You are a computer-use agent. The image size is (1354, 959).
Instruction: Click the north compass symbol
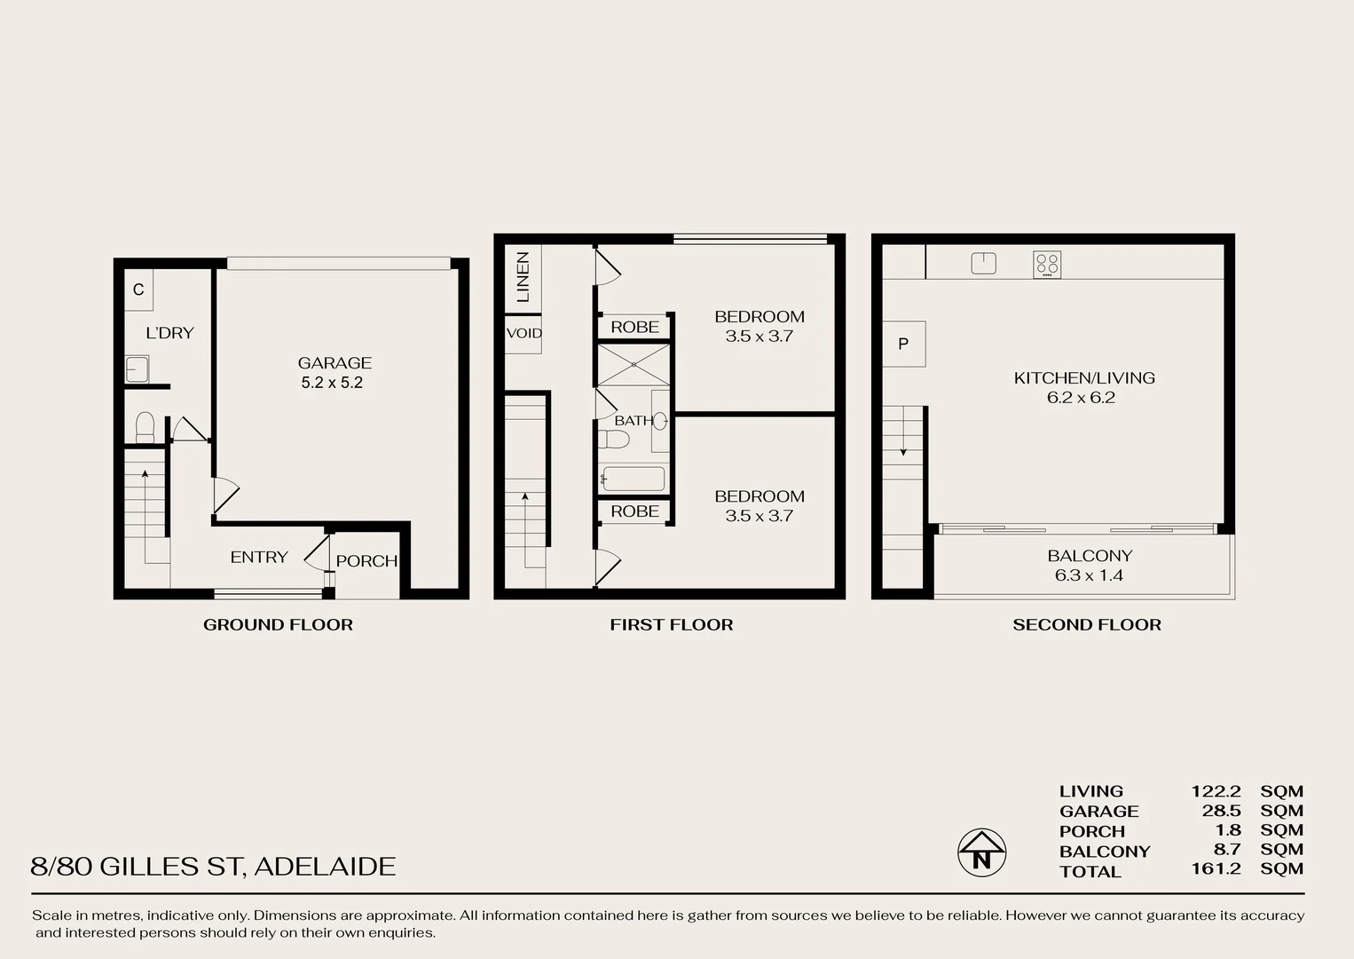[x=981, y=852]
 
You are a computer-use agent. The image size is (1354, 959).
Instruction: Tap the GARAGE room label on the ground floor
[x=335, y=362]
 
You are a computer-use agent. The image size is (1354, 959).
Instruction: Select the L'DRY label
[x=169, y=333]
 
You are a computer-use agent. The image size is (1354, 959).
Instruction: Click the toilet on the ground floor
[x=146, y=427]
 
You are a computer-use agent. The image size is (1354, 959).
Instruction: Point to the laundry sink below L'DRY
[x=137, y=369]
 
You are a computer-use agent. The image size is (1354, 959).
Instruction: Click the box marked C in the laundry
[x=138, y=290]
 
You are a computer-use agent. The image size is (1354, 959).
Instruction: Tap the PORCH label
[x=366, y=561]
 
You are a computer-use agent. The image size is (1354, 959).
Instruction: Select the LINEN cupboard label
[x=523, y=277]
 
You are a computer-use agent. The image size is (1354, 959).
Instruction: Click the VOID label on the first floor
[x=523, y=334]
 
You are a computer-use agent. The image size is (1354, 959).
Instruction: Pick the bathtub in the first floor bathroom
[x=633, y=479]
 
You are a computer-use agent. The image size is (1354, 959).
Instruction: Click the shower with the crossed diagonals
[x=634, y=365]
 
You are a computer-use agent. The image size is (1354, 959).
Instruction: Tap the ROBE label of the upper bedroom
[x=634, y=327]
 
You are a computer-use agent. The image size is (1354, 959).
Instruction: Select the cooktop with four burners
[x=1047, y=264]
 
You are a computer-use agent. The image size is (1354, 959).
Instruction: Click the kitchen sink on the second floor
[x=983, y=263]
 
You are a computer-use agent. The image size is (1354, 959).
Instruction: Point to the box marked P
[x=903, y=344]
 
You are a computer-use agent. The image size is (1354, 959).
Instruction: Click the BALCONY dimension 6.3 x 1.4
[x=1089, y=575]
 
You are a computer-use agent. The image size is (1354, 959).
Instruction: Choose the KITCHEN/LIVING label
[x=1084, y=377]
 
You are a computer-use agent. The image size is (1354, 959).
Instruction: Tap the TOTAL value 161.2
[x=1216, y=868]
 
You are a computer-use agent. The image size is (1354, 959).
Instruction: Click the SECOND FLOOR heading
[x=1086, y=625]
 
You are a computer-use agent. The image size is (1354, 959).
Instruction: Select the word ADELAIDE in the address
[x=325, y=867]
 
